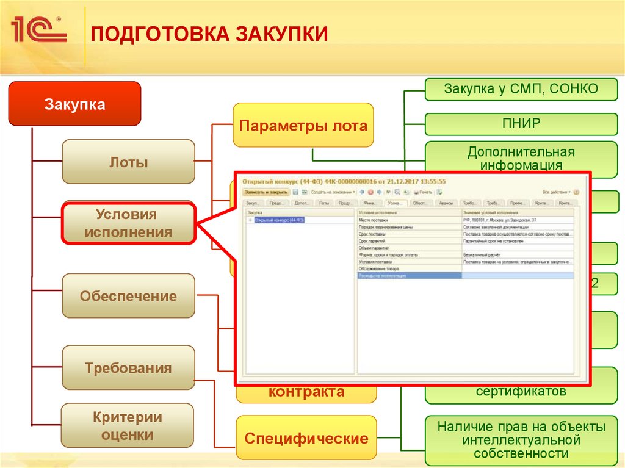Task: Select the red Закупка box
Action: point(74,104)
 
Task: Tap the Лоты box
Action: point(129,162)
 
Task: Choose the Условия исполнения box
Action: point(128,223)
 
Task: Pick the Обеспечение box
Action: point(128,297)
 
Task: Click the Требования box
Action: point(128,369)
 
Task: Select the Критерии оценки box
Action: point(128,426)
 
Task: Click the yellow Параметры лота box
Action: point(303,126)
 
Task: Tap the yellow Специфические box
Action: point(306,438)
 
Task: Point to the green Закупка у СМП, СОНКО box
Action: point(521,89)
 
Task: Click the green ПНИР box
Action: point(521,124)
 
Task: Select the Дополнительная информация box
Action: point(521,158)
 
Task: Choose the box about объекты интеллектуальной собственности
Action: point(521,439)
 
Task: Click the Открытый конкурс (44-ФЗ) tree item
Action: point(280,220)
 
